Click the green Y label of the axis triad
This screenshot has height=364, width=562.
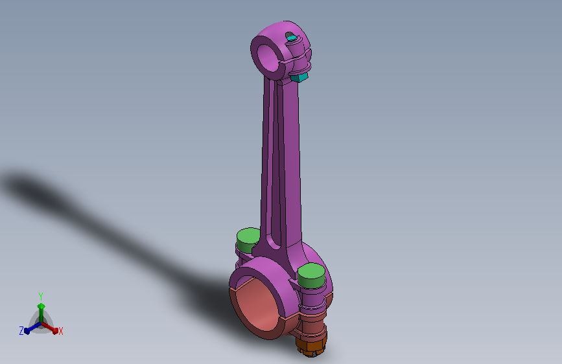[x=41, y=296]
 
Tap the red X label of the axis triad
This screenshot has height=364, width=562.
[x=61, y=332]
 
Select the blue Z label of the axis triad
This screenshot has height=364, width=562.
[x=21, y=331]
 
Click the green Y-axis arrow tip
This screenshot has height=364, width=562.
[x=41, y=306]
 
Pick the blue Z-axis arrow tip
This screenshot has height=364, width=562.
[x=27, y=331]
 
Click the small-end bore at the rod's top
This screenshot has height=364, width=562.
[x=269, y=58]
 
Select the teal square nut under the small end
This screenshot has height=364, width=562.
[x=299, y=77]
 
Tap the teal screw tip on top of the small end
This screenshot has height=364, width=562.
[x=290, y=36]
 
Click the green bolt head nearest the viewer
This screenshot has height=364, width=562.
[x=311, y=275]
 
